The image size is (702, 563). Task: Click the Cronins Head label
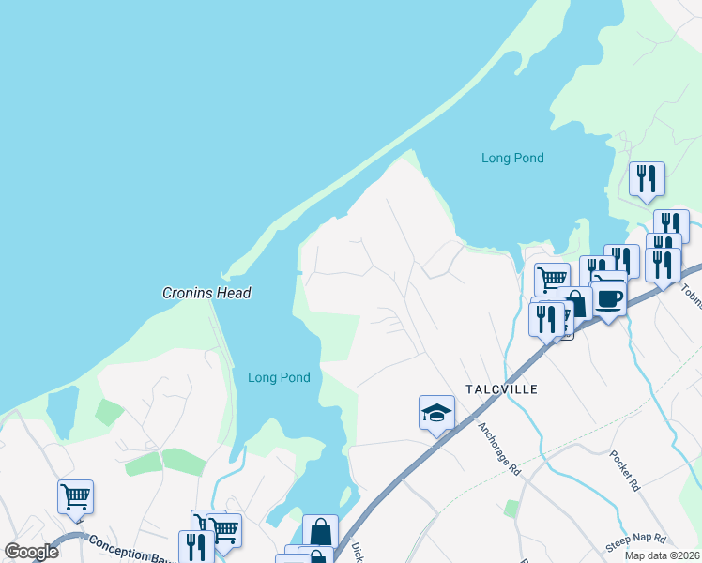(206, 293)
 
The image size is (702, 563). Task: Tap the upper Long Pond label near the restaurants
(512, 159)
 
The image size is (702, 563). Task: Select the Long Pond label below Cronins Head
(279, 378)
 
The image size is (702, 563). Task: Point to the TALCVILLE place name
(501, 388)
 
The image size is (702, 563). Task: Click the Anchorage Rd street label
(498, 449)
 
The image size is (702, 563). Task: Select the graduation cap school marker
(436, 413)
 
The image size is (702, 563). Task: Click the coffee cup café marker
(609, 297)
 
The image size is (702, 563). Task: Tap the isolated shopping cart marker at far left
(75, 496)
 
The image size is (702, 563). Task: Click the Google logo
(31, 552)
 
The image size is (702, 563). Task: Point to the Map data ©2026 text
(662, 555)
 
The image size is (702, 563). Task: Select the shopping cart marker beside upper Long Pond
(552, 278)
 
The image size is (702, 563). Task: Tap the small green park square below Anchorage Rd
(511, 509)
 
